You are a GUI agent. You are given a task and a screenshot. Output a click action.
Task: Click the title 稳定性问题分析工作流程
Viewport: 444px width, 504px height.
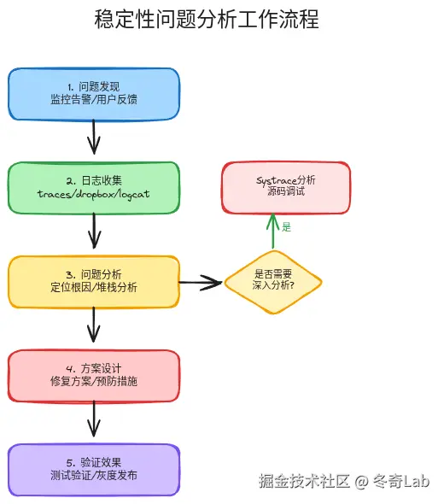pos(206,20)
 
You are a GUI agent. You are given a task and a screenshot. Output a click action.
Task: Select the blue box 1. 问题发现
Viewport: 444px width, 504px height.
pos(94,93)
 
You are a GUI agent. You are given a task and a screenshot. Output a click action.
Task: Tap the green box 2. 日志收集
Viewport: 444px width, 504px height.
pos(94,187)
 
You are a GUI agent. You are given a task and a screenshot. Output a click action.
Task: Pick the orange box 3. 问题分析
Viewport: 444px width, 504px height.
pos(94,281)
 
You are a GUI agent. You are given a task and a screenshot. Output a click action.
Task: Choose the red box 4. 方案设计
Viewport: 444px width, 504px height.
pos(94,375)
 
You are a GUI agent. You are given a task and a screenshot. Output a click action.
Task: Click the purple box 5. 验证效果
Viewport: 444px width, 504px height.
pos(94,469)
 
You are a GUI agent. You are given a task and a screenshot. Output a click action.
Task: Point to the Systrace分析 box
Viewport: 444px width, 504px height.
pos(285,186)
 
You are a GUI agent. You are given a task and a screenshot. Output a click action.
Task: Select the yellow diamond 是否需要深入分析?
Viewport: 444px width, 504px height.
pos(273,281)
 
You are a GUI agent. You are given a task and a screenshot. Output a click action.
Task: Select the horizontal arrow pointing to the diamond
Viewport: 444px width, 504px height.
pos(202,281)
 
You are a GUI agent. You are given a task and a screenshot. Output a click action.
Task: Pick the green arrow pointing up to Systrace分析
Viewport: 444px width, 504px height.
pos(273,231)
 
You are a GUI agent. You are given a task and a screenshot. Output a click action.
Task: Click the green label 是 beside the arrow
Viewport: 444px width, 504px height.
pos(287,227)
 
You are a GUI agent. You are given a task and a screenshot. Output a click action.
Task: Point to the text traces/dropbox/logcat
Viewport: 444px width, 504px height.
pos(94,194)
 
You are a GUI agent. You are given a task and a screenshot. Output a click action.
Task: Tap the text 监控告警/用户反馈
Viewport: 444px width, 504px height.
pos(94,100)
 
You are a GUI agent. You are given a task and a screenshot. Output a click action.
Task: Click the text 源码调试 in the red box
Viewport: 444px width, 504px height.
pos(285,193)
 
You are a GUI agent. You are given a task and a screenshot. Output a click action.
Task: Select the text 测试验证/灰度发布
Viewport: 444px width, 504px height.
pos(94,476)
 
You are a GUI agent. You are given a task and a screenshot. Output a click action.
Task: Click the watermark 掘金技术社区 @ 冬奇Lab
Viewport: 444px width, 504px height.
pos(344,481)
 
